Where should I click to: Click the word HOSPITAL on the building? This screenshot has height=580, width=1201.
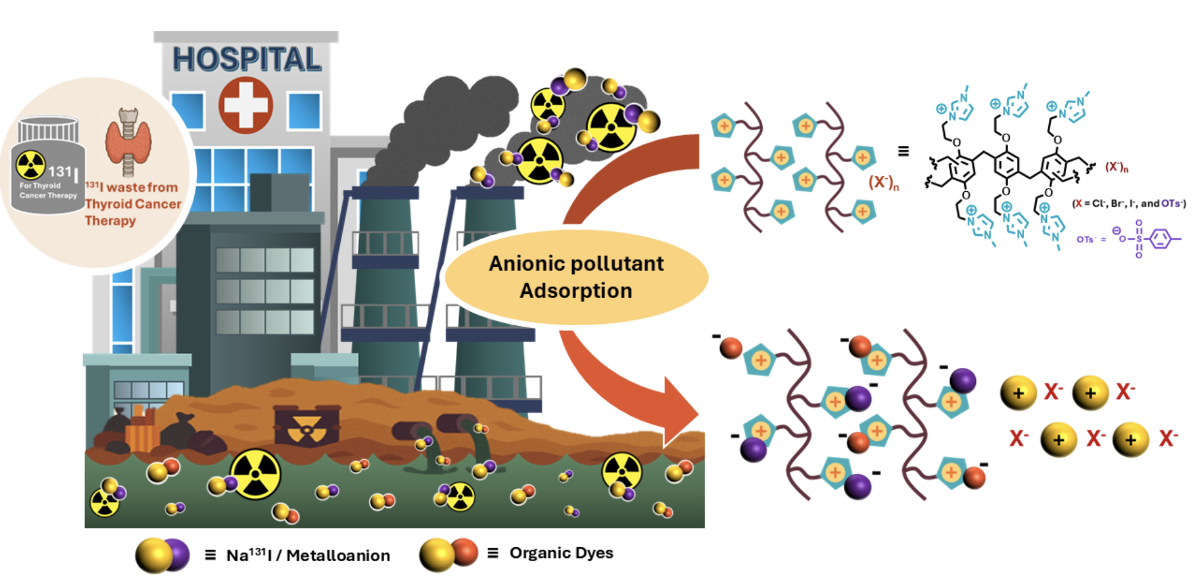[x=246, y=60]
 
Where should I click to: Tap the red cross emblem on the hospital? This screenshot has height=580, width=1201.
[x=245, y=105]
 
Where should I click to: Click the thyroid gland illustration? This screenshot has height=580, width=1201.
[x=128, y=142]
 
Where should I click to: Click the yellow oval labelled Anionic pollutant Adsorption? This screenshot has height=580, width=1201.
[x=576, y=277]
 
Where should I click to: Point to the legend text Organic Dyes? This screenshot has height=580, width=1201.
[x=561, y=553]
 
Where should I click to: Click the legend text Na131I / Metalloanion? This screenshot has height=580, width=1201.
[x=307, y=555]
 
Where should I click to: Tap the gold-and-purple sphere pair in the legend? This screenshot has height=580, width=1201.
[x=162, y=555]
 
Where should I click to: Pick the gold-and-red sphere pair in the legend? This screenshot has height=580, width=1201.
[x=448, y=554]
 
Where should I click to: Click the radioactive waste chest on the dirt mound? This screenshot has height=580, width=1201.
[x=307, y=426]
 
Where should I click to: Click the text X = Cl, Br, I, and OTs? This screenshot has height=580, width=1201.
[x=1129, y=204]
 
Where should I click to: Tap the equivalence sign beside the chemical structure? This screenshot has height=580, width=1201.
[x=903, y=151]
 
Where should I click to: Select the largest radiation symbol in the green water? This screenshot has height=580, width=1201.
[x=255, y=474]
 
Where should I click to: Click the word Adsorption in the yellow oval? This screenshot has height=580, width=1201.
[x=575, y=291]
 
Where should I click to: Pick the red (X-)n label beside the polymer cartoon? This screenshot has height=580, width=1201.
[x=883, y=183]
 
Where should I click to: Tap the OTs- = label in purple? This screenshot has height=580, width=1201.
[x=1090, y=240]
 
